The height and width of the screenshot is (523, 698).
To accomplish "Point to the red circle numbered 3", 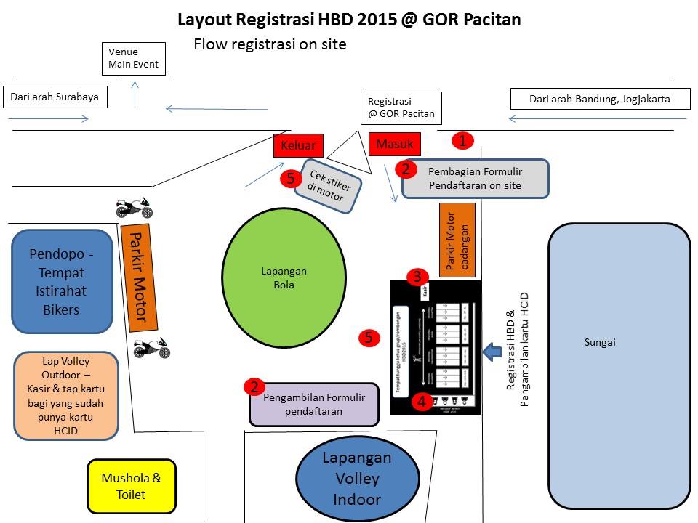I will click(x=417, y=277).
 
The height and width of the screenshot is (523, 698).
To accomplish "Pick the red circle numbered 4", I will click(x=421, y=400).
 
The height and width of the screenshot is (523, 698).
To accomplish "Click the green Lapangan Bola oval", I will click(x=284, y=278).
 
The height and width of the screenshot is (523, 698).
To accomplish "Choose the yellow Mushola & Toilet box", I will click(x=132, y=486).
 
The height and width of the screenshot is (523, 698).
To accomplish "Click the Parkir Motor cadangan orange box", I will click(x=457, y=240).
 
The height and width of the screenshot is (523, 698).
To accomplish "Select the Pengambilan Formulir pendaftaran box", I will click(x=313, y=405).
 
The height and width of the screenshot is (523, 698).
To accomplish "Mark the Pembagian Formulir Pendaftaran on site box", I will click(x=475, y=179).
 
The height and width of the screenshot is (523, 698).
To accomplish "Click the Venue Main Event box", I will click(x=134, y=58).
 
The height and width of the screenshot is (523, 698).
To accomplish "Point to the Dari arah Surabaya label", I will click(x=55, y=97).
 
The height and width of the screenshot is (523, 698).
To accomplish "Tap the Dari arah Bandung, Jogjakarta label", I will click(x=599, y=99).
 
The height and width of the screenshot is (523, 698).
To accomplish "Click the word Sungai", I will click(x=600, y=342).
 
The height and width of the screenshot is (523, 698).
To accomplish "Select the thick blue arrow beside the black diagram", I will click(x=492, y=352).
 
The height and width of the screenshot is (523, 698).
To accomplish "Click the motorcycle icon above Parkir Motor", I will click(x=135, y=208).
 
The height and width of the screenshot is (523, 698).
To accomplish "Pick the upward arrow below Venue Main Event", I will click(x=135, y=94).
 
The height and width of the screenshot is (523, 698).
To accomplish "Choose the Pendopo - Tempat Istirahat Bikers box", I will click(x=62, y=281).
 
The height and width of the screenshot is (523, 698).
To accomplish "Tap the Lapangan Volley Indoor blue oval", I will click(x=356, y=479).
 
